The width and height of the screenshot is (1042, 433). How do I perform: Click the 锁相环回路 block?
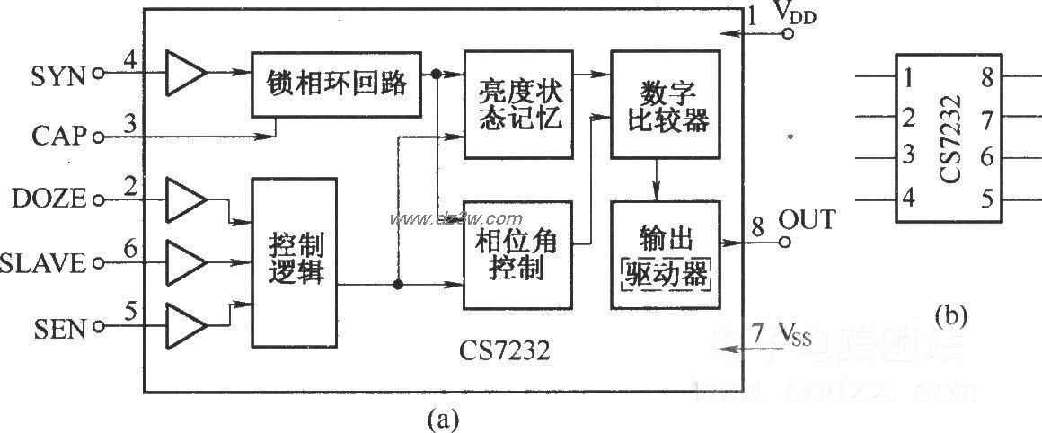(335, 84)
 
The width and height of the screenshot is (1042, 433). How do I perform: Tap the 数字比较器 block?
(665, 105)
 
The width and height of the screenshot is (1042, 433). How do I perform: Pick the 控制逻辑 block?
(295, 261)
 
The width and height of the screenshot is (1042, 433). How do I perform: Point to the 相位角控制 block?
(516, 254)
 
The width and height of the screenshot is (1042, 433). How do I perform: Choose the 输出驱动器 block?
(665, 254)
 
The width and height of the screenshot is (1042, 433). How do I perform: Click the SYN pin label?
(57, 76)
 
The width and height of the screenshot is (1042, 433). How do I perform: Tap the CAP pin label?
(57, 137)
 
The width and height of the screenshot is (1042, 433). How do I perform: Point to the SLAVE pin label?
(43, 263)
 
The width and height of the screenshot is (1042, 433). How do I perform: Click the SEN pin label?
(61, 329)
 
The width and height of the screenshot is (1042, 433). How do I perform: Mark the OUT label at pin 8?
(807, 219)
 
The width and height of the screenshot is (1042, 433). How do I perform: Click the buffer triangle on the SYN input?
(185, 72)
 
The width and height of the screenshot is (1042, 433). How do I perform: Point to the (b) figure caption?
(952, 315)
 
